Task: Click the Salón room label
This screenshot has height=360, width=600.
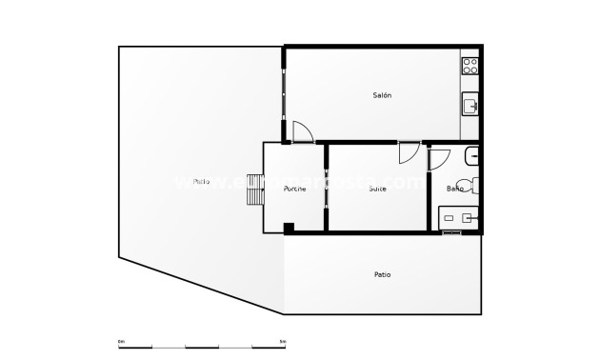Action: (383, 95)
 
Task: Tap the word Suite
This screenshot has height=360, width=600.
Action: (378, 189)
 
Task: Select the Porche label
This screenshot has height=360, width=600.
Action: (294, 189)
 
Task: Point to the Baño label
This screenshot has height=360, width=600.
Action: (456, 189)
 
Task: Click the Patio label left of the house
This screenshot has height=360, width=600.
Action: (201, 181)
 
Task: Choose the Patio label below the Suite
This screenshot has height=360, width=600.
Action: (382, 274)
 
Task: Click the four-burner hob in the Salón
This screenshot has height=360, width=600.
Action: (470, 66)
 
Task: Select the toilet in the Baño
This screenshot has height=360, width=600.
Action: (467, 185)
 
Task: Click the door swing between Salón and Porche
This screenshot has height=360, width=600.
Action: (302, 131)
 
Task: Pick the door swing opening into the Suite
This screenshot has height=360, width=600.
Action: (408, 153)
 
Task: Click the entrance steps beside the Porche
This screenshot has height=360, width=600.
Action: (254, 190)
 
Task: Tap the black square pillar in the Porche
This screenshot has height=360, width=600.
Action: (289, 227)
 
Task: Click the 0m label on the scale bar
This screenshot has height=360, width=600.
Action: (121, 341)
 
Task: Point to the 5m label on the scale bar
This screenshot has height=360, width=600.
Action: (283, 341)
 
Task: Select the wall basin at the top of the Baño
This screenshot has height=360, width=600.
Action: (473, 154)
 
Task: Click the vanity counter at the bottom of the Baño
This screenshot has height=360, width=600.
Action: (461, 218)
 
